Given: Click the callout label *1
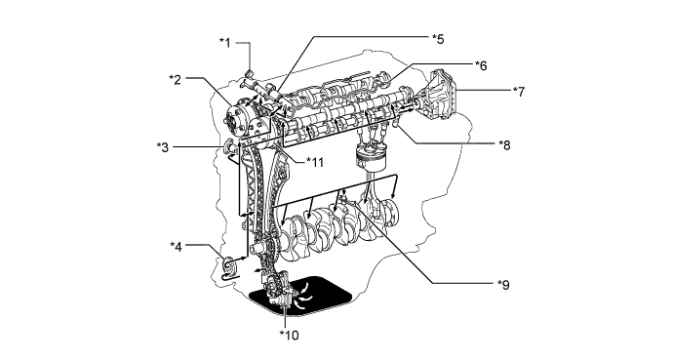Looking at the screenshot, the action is [225, 43].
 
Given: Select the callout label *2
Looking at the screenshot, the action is [175, 78].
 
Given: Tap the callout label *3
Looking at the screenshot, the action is [163, 147].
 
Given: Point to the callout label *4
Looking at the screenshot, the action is [176, 246].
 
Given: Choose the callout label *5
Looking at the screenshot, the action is [438, 39].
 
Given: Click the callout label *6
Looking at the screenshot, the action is [481, 65].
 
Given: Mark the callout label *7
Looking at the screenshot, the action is [519, 91].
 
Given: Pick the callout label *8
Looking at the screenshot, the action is [504, 144].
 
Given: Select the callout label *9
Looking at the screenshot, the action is [503, 284].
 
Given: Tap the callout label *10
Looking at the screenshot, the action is [289, 335].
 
